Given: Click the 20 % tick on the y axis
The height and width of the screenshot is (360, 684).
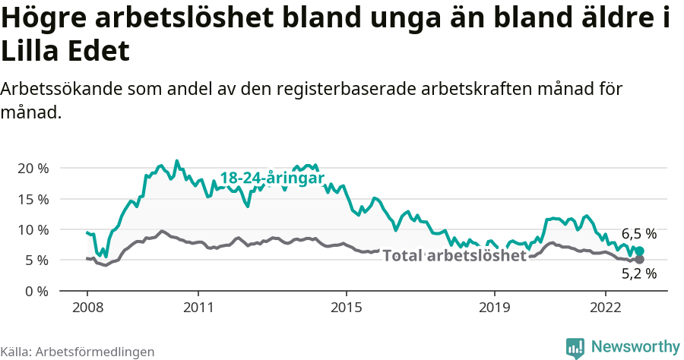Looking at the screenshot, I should click(32, 168).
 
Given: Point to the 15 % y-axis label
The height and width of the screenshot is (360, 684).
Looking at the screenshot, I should click(32, 199).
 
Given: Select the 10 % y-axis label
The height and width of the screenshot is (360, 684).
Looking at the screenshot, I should click(32, 229).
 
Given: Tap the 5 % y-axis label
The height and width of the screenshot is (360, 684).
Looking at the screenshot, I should click(36, 261).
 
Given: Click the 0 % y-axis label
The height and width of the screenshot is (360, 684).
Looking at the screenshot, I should click(36, 291).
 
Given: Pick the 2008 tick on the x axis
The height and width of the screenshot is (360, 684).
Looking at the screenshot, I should click(87, 308).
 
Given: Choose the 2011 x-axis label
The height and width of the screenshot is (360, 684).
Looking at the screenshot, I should click(198, 308).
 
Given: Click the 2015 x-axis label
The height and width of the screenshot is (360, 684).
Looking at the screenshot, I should click(346, 308).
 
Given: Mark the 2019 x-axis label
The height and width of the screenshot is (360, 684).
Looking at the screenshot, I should click(494, 308).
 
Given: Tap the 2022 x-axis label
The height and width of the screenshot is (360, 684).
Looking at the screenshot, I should click(605, 308).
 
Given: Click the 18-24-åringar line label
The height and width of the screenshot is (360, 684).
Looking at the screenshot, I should click(272, 178).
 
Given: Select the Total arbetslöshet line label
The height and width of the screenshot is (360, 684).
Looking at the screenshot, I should click(454, 256).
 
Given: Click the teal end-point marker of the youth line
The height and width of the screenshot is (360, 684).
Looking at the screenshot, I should click(639, 251).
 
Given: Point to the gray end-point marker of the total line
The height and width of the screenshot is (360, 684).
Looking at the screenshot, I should click(639, 260).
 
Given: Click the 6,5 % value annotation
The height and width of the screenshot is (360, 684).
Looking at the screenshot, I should click(638, 234).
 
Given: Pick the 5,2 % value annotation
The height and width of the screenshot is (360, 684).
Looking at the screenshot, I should click(638, 274).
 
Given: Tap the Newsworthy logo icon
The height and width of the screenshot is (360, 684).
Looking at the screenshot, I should click(575, 347).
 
